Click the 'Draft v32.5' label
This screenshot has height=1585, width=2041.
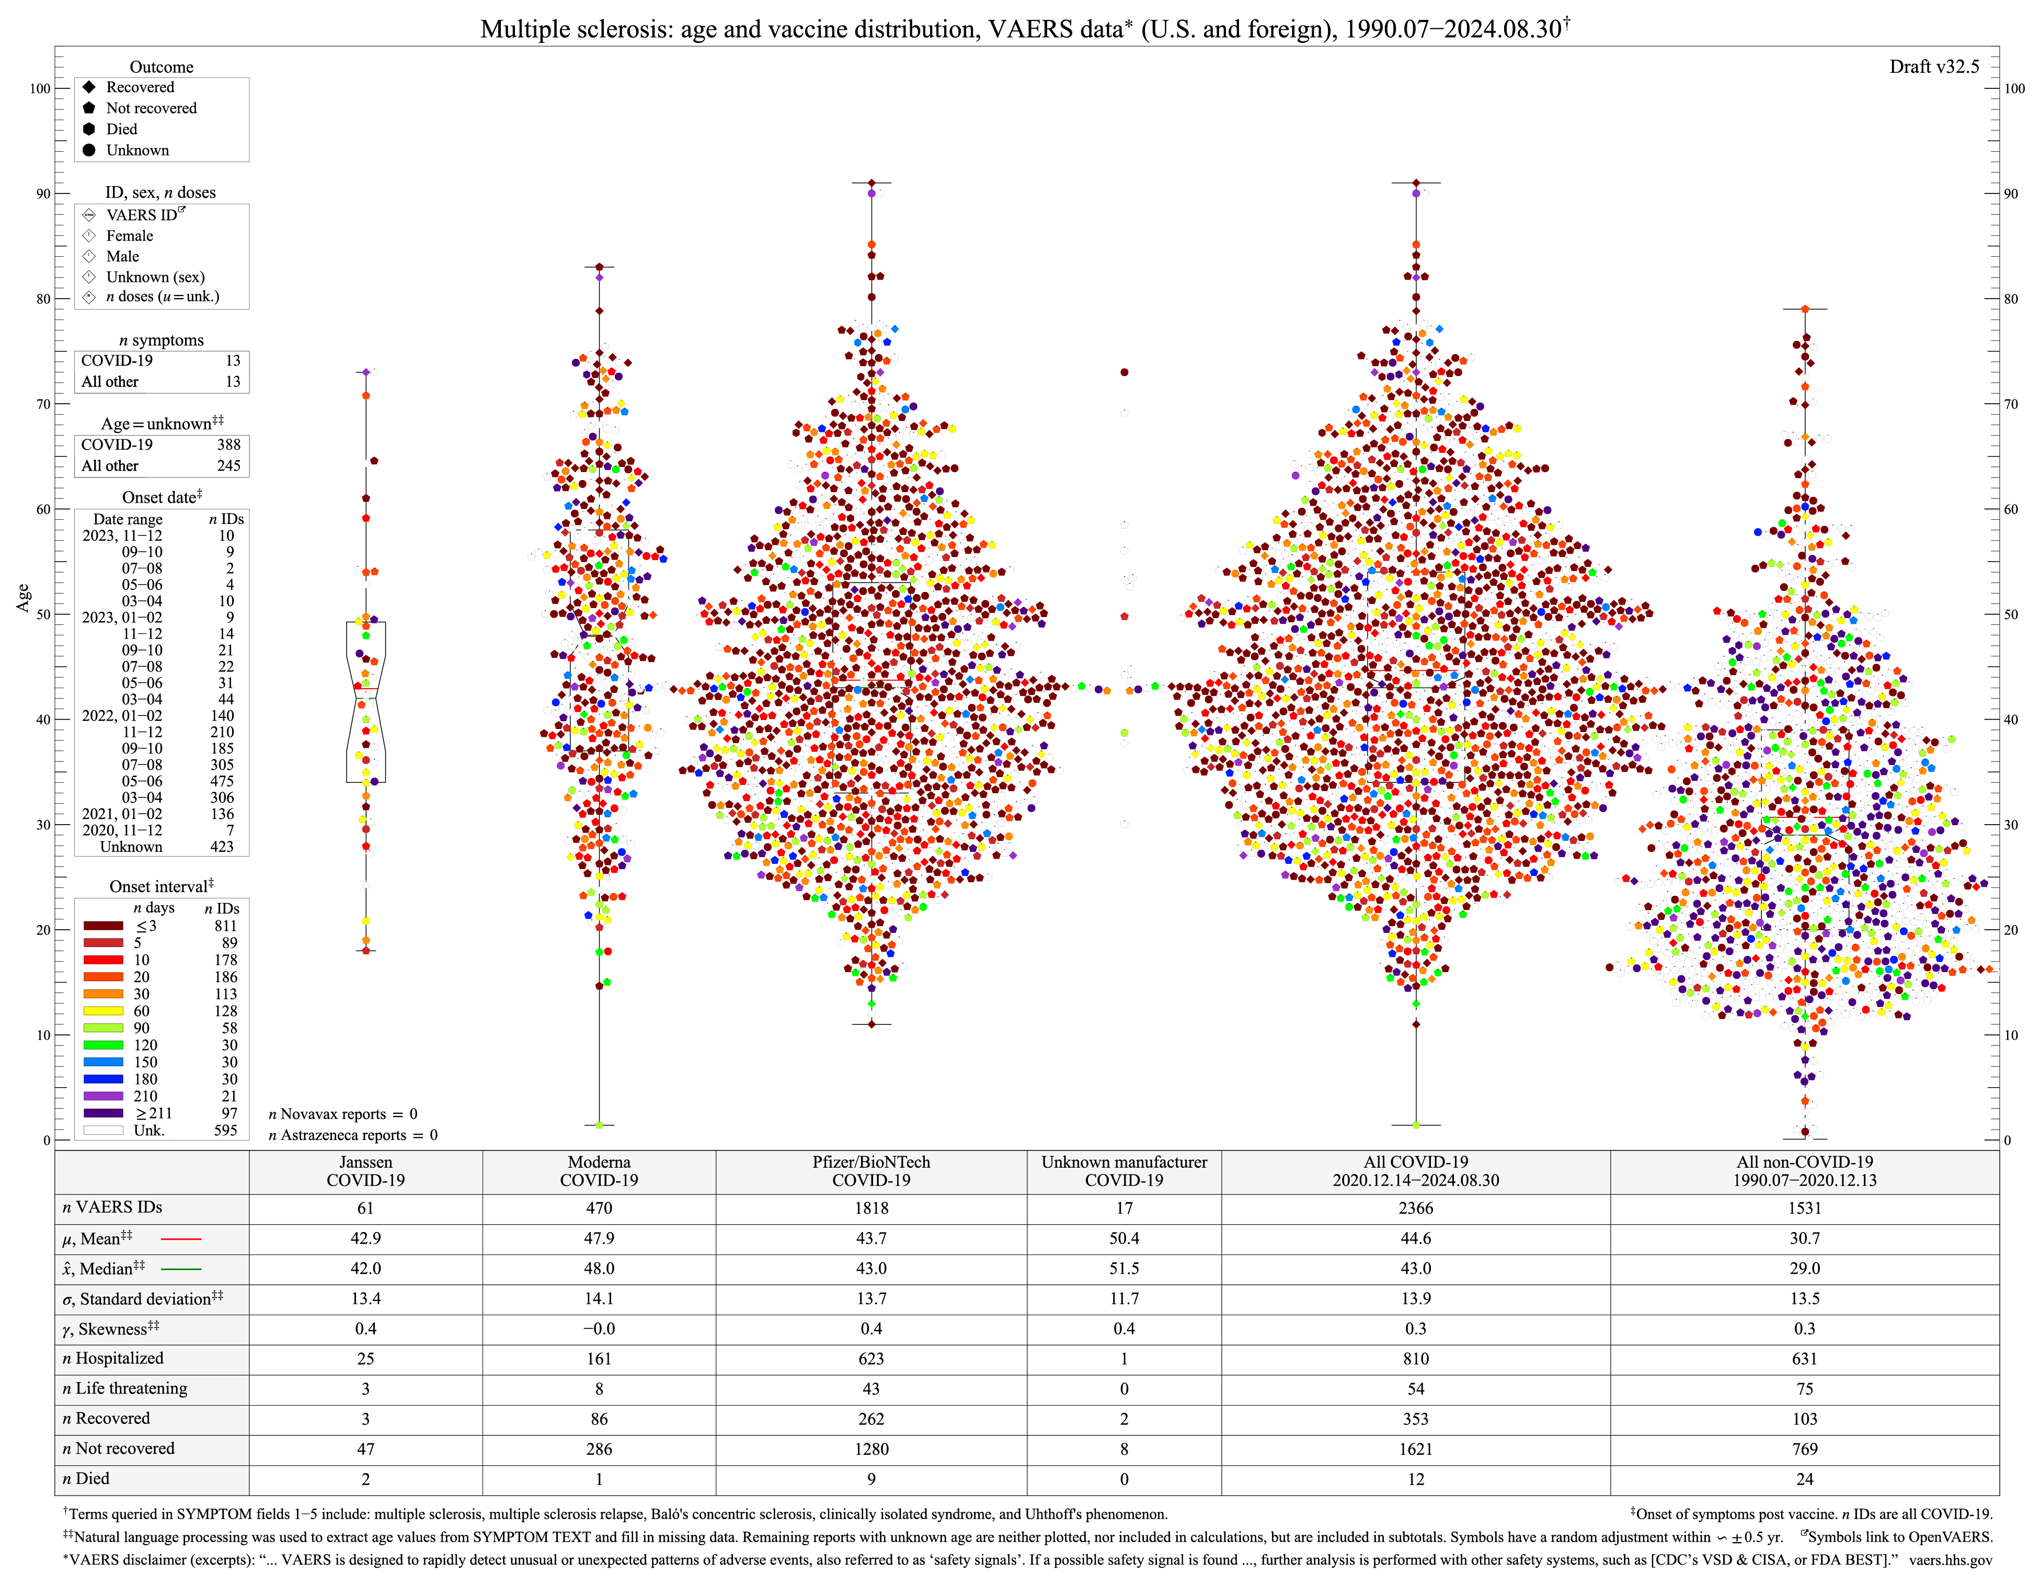click(x=1933, y=66)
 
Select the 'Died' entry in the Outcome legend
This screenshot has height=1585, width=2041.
click(x=121, y=129)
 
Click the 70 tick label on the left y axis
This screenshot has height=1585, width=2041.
click(x=43, y=404)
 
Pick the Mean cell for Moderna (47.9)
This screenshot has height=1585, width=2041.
click(x=599, y=1238)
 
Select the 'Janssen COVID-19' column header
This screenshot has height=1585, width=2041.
click(x=365, y=1171)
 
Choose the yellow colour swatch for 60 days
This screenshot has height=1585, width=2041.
click(x=104, y=1010)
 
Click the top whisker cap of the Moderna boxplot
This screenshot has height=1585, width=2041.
click(x=599, y=267)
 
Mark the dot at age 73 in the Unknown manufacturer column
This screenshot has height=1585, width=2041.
click(x=1124, y=372)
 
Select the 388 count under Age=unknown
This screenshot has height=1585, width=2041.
click(x=228, y=445)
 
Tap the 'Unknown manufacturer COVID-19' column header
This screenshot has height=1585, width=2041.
click(x=1124, y=1171)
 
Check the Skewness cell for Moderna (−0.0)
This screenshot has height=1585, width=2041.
click(x=599, y=1328)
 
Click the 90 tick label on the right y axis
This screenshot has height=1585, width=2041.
click(x=2014, y=193)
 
